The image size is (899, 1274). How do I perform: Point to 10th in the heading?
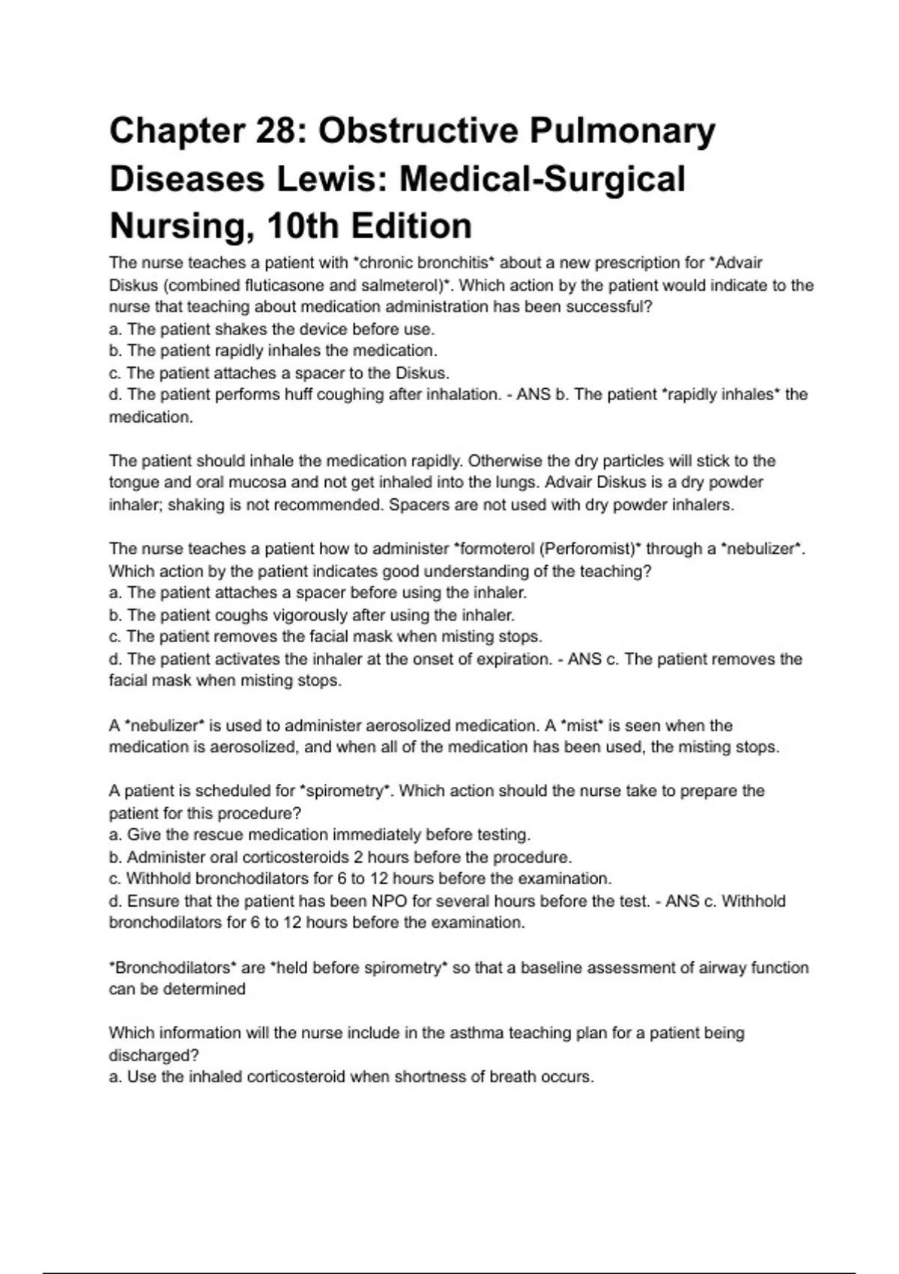(x=300, y=226)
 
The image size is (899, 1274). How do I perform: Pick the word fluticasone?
(x=285, y=285)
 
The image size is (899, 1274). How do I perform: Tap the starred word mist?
(x=583, y=725)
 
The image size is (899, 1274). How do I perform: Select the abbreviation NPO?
(x=388, y=901)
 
